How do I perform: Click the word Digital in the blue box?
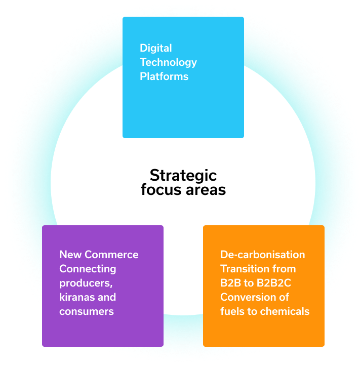click(156, 48)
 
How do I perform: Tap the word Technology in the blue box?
click(168, 62)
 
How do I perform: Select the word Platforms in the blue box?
click(164, 76)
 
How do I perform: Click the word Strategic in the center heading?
click(183, 175)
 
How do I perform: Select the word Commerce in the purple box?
click(111, 254)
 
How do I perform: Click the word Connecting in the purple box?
click(88, 268)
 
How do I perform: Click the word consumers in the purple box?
click(86, 311)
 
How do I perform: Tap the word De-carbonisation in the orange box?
click(263, 254)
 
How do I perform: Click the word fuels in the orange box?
click(232, 311)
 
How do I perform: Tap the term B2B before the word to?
click(231, 282)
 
